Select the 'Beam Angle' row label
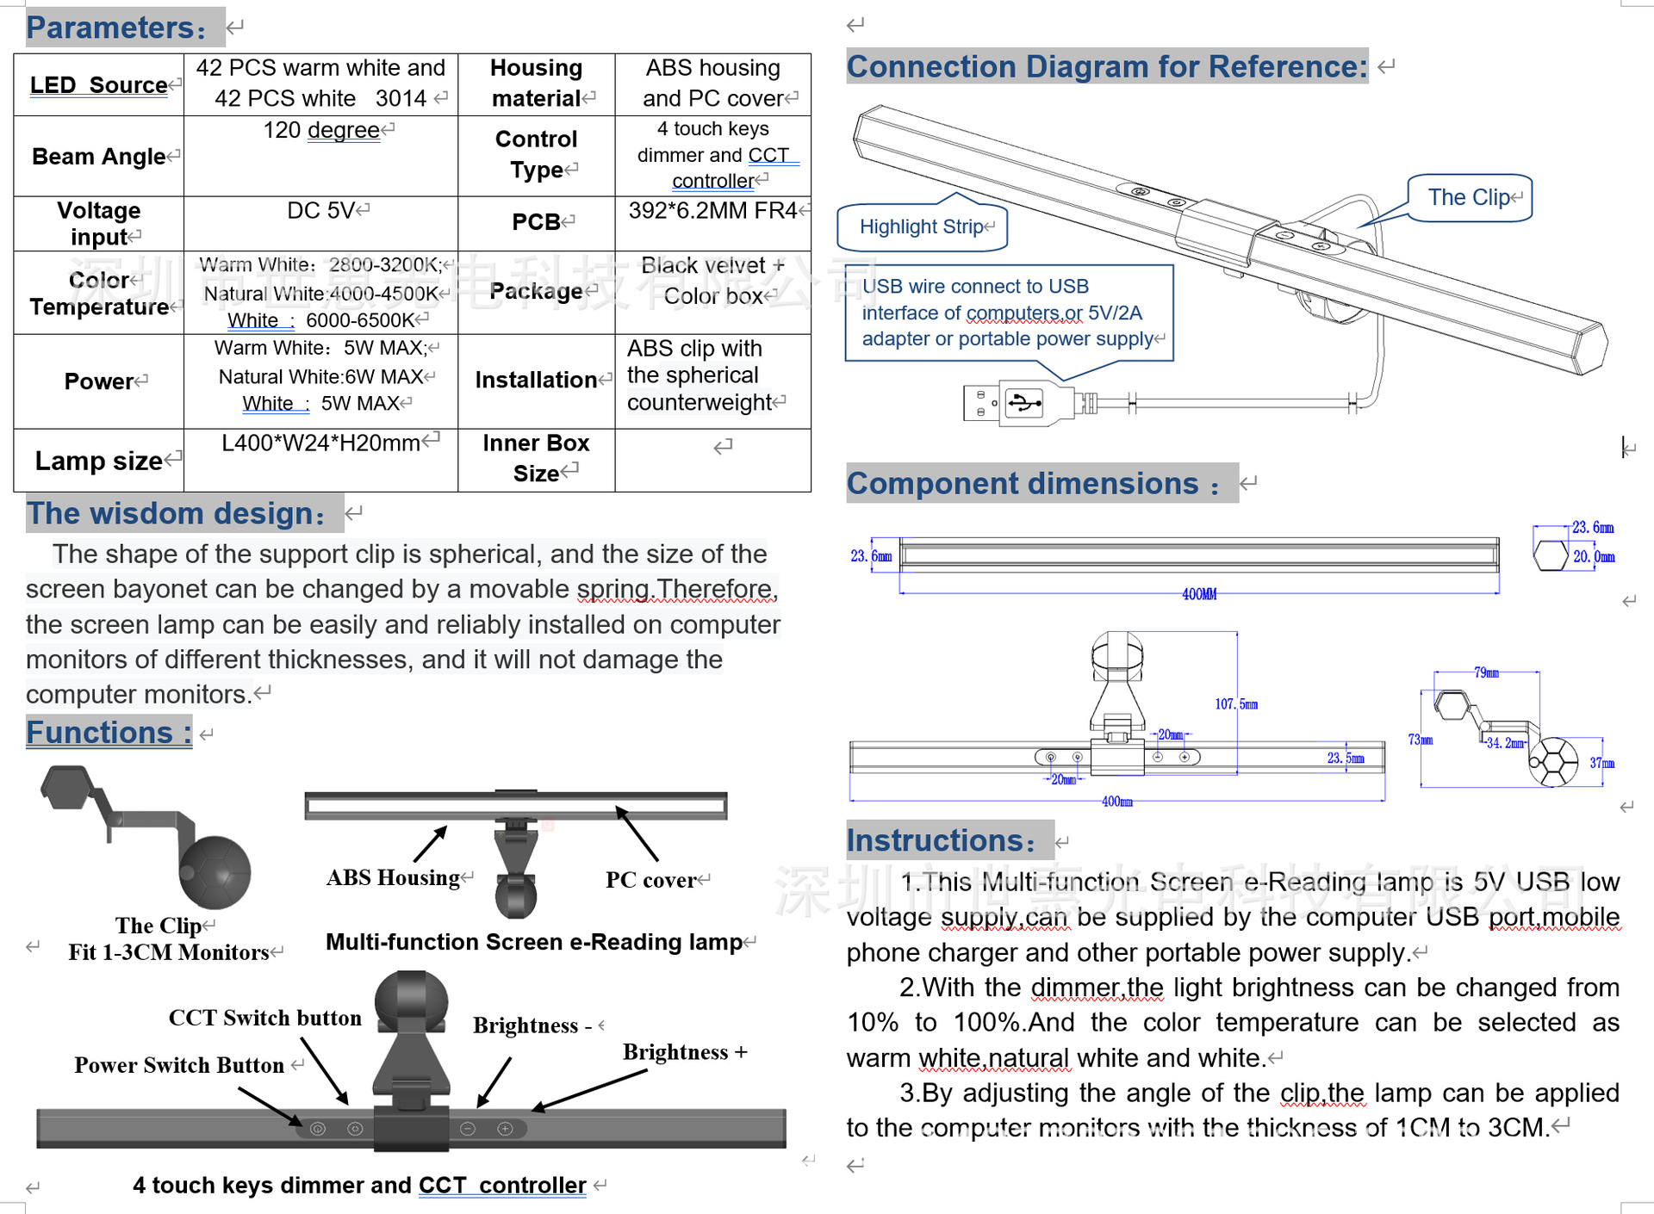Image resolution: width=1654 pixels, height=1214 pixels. (98, 157)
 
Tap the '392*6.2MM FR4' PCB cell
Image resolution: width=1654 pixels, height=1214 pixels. (712, 211)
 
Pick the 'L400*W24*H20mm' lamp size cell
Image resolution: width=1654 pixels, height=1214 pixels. (320, 443)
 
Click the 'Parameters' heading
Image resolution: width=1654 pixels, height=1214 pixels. (116, 28)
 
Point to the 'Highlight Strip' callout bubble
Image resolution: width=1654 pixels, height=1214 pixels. (922, 227)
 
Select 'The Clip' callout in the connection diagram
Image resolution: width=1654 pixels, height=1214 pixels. (1469, 198)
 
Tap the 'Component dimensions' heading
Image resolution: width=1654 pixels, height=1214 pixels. (1033, 484)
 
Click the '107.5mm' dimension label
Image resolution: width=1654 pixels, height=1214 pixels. (1236, 704)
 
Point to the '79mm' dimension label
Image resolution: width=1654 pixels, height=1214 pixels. (1486, 672)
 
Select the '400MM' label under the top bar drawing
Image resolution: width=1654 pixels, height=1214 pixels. (1199, 594)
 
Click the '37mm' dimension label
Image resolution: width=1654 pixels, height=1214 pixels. (1601, 763)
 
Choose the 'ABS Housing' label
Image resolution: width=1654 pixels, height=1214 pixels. (393, 877)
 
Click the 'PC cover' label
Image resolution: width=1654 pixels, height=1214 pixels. (651, 880)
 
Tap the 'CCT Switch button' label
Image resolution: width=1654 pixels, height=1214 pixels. (264, 1018)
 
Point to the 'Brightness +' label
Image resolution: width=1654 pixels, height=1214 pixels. (685, 1052)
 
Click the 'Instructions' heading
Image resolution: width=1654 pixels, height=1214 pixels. (941, 840)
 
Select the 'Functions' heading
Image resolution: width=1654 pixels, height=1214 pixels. (109, 733)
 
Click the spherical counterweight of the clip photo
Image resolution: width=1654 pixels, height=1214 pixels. (215, 872)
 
